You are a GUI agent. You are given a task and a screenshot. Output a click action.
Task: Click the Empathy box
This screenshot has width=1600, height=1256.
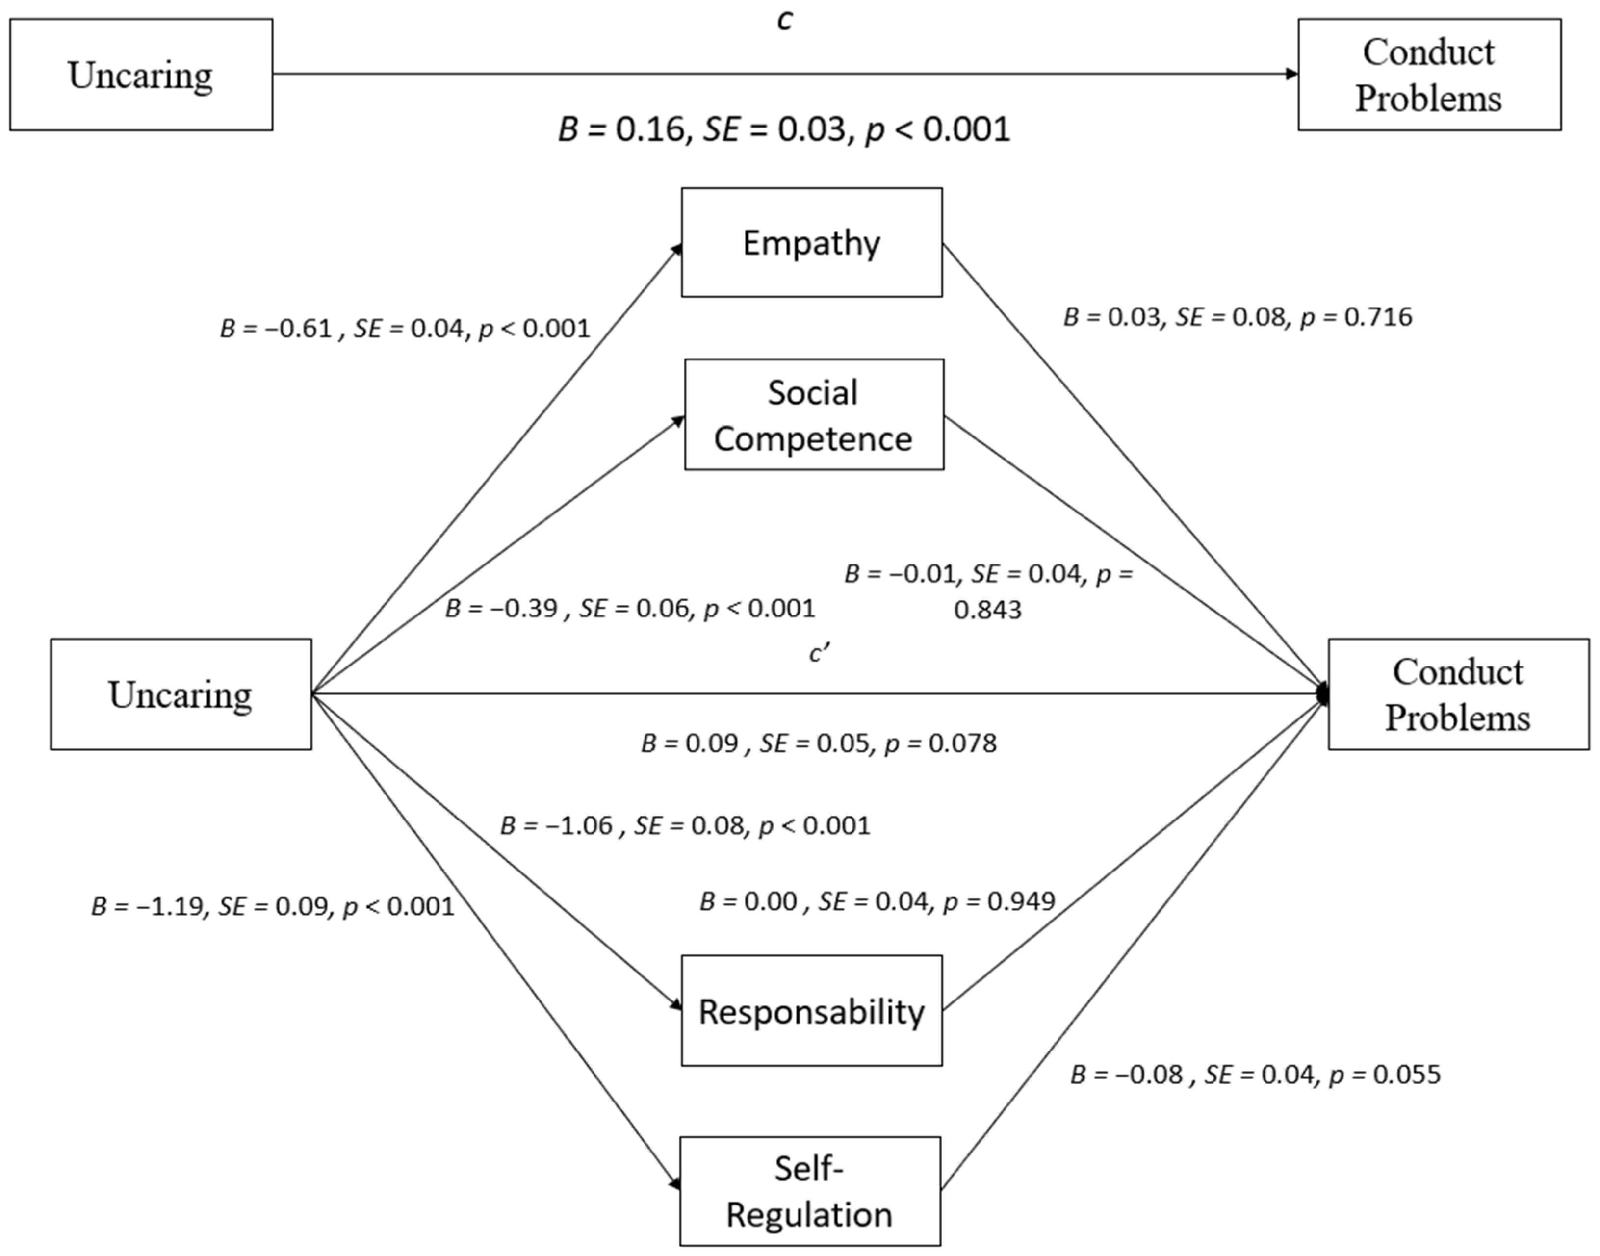811,243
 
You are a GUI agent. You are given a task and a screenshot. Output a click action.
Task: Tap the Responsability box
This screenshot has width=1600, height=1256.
811,1011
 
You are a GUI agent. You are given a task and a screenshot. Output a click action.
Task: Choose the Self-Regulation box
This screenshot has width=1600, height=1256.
809,1191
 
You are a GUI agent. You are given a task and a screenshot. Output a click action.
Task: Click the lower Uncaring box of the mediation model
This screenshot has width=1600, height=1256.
181,694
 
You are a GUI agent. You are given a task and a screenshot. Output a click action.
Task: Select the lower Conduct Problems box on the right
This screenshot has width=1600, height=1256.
1458,694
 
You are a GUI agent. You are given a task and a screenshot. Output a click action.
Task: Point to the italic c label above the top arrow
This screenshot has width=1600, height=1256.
785,21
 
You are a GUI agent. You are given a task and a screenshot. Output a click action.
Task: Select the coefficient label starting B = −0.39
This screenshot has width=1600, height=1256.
630,608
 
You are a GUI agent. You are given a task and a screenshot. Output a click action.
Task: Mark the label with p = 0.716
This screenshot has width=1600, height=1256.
1238,317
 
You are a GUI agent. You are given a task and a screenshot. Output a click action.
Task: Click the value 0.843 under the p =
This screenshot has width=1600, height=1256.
987,610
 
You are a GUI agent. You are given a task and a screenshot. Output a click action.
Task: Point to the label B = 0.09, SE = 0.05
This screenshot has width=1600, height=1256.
818,743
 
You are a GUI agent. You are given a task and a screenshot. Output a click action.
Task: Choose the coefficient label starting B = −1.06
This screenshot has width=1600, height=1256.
685,826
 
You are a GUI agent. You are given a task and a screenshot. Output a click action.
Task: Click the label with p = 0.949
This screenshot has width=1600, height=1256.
877,901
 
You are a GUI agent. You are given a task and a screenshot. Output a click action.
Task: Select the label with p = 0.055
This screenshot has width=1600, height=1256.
1255,1075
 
